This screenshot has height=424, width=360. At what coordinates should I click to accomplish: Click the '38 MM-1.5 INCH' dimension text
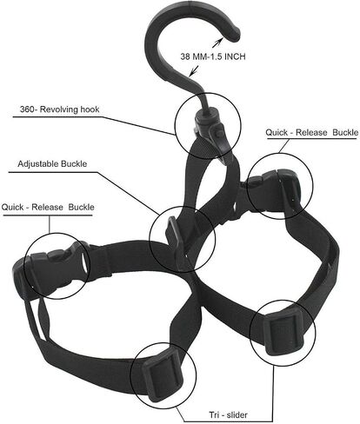tap(213, 56)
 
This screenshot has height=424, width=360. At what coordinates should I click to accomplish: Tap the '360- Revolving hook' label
tap(59, 109)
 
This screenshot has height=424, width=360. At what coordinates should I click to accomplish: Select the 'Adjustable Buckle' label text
tap(52, 164)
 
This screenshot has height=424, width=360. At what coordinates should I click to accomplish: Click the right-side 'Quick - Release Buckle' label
tap(312, 133)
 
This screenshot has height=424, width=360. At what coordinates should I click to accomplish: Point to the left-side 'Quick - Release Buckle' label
tap(48, 208)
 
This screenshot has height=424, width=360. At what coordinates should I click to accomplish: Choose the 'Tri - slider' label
tap(229, 414)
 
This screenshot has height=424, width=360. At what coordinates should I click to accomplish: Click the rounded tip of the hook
tap(234, 34)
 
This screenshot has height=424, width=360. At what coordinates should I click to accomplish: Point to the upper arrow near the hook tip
tap(218, 43)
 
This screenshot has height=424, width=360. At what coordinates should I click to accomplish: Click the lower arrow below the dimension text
tap(194, 70)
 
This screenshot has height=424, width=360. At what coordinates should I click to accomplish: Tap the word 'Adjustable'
tap(37, 164)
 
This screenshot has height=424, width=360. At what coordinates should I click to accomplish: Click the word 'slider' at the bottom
tap(237, 414)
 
